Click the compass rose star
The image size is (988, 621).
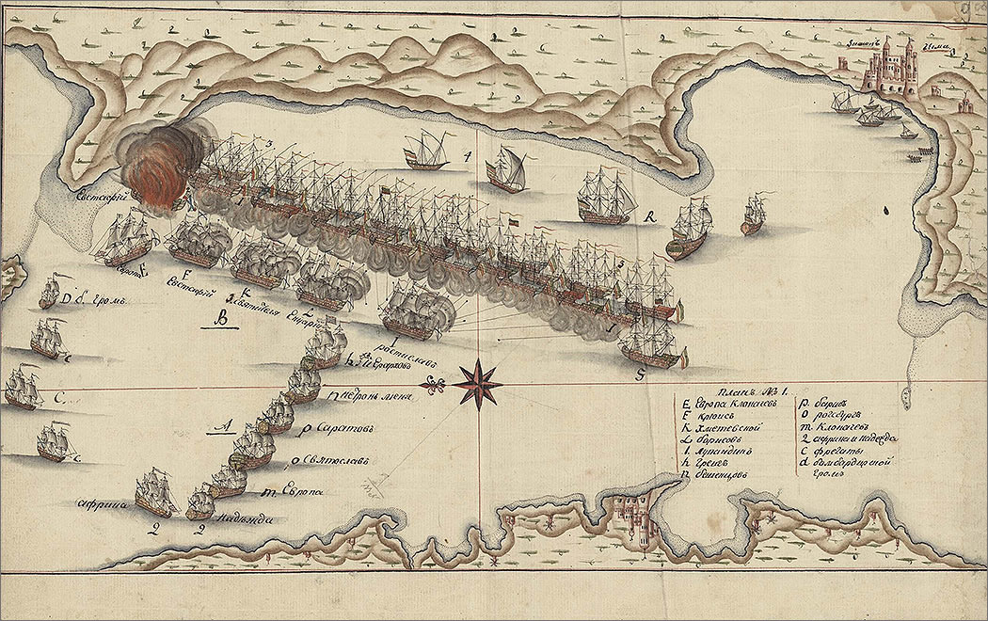click(x=478, y=381)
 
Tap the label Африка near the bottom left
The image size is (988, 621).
click(x=103, y=503)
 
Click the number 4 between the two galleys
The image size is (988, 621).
click(x=468, y=156)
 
